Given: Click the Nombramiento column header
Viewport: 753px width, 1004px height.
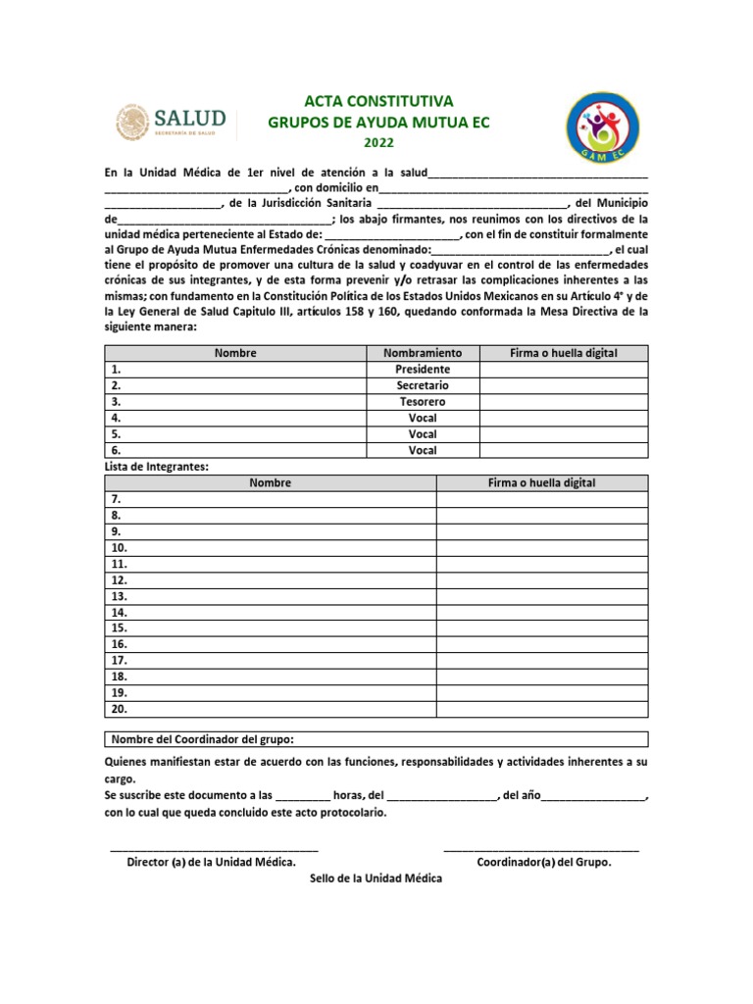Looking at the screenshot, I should [423, 353].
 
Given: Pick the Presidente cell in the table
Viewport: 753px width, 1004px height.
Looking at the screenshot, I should [423, 370].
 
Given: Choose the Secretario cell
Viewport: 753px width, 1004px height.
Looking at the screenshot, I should [423, 386].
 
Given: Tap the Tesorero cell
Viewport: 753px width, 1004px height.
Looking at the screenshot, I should [423, 402].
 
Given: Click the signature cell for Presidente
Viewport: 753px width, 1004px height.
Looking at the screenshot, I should [564, 370].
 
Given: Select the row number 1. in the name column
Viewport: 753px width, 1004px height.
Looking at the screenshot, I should [117, 370].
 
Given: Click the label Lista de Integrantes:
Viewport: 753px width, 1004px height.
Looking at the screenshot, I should [156, 467].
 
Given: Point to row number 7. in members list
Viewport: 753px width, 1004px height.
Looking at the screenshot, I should [117, 499].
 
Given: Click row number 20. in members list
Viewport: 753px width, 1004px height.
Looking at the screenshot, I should [120, 708].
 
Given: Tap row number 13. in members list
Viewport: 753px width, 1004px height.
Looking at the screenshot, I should [120, 596].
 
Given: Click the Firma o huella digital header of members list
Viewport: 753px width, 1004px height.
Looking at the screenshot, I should [541, 482].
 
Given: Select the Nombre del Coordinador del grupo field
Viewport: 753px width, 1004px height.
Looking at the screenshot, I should [376, 738].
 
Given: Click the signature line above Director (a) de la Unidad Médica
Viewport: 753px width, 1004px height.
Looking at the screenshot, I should [214, 847].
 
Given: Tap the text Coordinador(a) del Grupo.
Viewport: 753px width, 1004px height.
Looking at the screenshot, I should [543, 863].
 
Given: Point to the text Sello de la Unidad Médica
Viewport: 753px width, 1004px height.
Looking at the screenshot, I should [376, 878].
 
